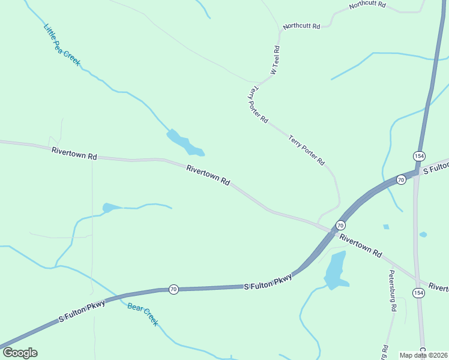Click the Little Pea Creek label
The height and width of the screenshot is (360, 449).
tap(62, 44)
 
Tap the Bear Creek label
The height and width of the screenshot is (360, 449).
tap(143, 314)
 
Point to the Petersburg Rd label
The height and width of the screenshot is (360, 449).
tap(393, 291)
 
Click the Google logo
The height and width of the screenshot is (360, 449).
tap(20, 353)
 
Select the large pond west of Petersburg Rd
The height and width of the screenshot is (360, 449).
tap(335, 269)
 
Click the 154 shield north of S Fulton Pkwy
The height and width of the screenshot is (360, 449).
tap(419, 155)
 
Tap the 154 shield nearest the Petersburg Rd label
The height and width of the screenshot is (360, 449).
tap(418, 292)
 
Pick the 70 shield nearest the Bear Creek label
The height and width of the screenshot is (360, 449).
tap(173, 289)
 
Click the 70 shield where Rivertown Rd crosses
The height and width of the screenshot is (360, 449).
tap(340, 225)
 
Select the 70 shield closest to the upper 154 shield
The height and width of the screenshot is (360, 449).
tap(400, 179)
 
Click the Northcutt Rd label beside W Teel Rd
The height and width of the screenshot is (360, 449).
tap(302, 26)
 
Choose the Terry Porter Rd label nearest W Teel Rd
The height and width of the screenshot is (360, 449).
tap(258, 104)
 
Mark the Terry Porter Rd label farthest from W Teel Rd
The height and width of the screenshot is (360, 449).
tap(306, 150)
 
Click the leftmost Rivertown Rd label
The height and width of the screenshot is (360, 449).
tap(74, 154)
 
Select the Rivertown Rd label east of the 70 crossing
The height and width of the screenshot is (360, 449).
tap(361, 246)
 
